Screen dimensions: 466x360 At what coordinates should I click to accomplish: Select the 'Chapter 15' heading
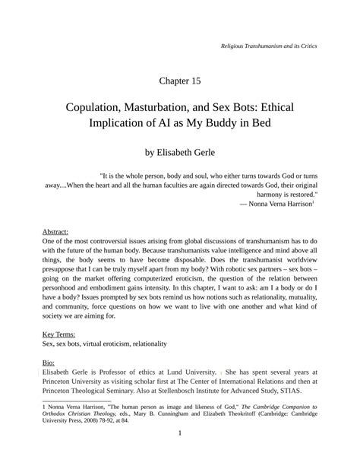pyautogui.click(x=180, y=80)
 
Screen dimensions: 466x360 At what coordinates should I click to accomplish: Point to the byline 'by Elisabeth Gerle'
pyautogui.click(x=180, y=153)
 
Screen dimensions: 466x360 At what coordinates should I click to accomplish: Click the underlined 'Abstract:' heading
pyautogui.click(x=55, y=230)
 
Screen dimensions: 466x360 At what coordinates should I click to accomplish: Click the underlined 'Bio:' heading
pyautogui.click(x=49, y=363)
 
